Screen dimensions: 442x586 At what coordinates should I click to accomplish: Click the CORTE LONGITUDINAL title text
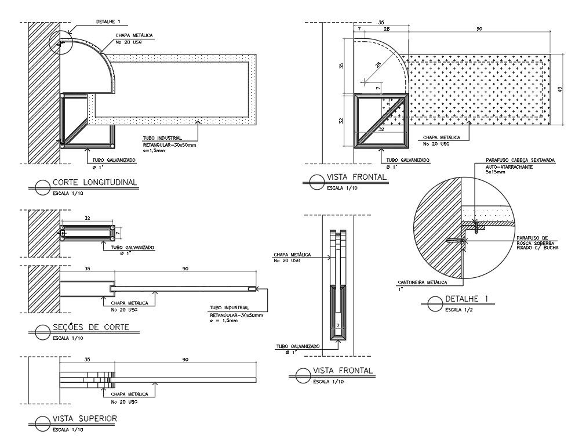[x=94, y=182]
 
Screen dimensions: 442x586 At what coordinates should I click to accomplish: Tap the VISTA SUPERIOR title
[x=85, y=418]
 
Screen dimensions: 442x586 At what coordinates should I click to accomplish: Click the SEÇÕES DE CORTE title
[x=90, y=328]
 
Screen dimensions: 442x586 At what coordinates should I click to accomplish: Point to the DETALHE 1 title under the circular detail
[x=467, y=299]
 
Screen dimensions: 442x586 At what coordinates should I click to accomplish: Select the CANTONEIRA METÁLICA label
[x=422, y=282]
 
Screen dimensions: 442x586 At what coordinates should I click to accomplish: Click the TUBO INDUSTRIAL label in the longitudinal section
[x=158, y=138]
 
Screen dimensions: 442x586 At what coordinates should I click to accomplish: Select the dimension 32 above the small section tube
[x=88, y=219]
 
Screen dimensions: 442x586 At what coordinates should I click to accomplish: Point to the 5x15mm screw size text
[x=497, y=172]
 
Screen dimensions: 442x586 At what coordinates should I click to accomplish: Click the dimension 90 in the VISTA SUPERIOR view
[x=185, y=360]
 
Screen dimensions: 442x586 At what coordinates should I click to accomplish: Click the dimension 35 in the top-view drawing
[x=87, y=360]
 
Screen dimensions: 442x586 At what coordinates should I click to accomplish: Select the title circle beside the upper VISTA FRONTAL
[x=316, y=182]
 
